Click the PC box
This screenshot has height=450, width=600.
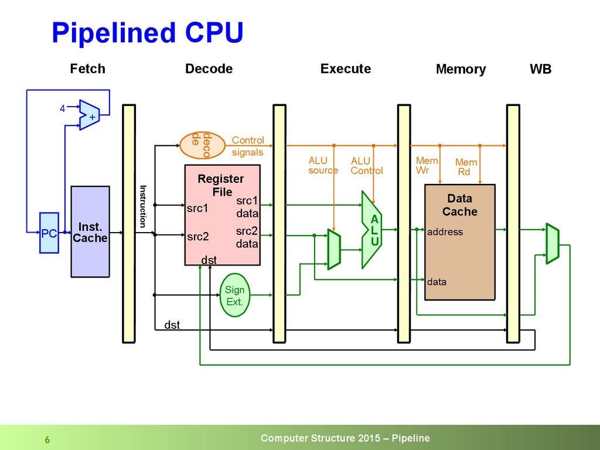[49, 233]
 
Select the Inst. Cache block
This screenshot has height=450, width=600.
[90, 231]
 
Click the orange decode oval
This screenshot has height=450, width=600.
[203, 145]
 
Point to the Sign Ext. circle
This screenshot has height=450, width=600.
[234, 296]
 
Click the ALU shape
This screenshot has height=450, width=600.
[371, 228]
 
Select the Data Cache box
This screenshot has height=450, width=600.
[459, 241]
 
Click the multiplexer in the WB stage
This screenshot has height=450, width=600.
[552, 243]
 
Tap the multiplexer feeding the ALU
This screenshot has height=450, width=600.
[333, 249]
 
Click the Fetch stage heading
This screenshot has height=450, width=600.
[87, 69]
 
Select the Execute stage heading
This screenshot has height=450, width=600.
[345, 69]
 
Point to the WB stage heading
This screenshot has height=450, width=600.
[540, 69]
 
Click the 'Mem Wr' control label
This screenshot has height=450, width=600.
[427, 165]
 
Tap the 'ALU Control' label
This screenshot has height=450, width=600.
[366, 166]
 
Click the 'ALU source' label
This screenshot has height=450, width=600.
[323, 165]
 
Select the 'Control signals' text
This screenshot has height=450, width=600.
[248, 146]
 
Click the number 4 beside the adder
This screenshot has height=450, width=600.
[63, 108]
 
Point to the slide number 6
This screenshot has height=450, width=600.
[47, 439]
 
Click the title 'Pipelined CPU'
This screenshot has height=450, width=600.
[147, 33]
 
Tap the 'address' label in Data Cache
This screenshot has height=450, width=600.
[445, 232]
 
